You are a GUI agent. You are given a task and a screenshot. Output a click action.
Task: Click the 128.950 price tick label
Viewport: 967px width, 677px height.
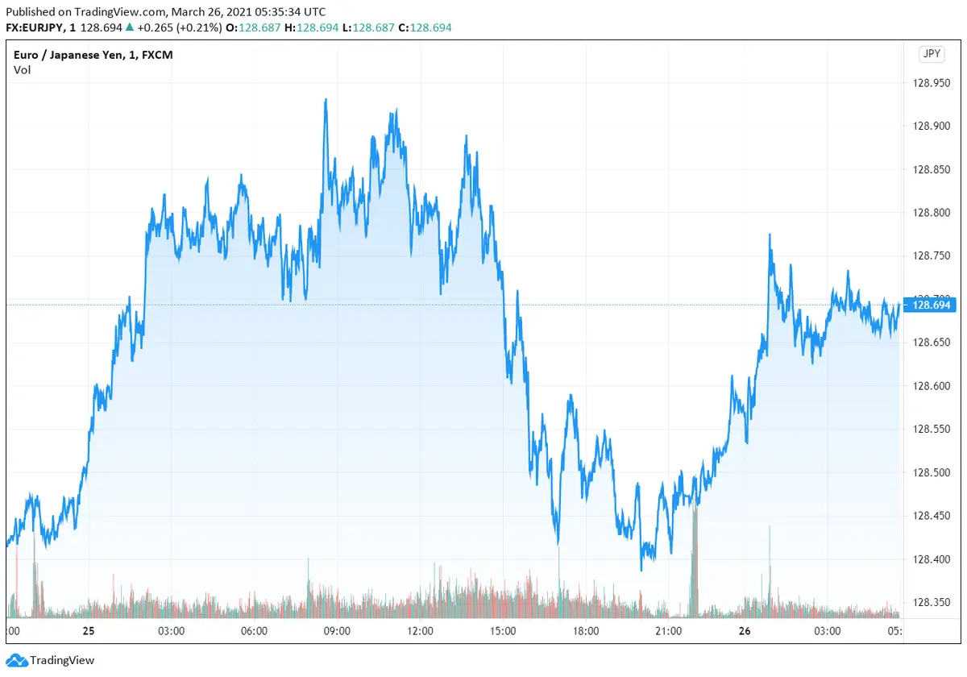[929, 82]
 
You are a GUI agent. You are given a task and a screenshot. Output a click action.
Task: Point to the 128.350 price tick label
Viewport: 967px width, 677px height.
[929, 602]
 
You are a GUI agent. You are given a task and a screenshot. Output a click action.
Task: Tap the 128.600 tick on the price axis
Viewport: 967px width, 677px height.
[929, 385]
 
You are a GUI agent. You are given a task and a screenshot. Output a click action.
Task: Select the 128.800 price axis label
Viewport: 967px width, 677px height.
[929, 212]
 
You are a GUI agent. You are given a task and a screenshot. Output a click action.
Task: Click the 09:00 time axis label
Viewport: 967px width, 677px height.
[336, 631]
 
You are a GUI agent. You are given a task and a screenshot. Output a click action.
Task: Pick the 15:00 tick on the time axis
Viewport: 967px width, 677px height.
[502, 631]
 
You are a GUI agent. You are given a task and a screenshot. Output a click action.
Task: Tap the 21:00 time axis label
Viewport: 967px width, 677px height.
[669, 631]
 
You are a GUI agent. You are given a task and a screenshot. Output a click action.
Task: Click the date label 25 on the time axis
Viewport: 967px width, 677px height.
[88, 631]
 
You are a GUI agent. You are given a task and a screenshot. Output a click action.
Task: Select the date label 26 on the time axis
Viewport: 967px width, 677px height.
[745, 631]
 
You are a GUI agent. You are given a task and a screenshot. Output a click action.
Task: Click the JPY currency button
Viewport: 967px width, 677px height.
[931, 54]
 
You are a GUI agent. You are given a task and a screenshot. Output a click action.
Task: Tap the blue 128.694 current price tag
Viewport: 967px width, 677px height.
[930, 305]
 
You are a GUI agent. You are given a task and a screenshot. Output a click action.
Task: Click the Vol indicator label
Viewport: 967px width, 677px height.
[22, 70]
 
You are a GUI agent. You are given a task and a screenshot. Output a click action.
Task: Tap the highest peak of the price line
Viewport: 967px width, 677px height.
[326, 99]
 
